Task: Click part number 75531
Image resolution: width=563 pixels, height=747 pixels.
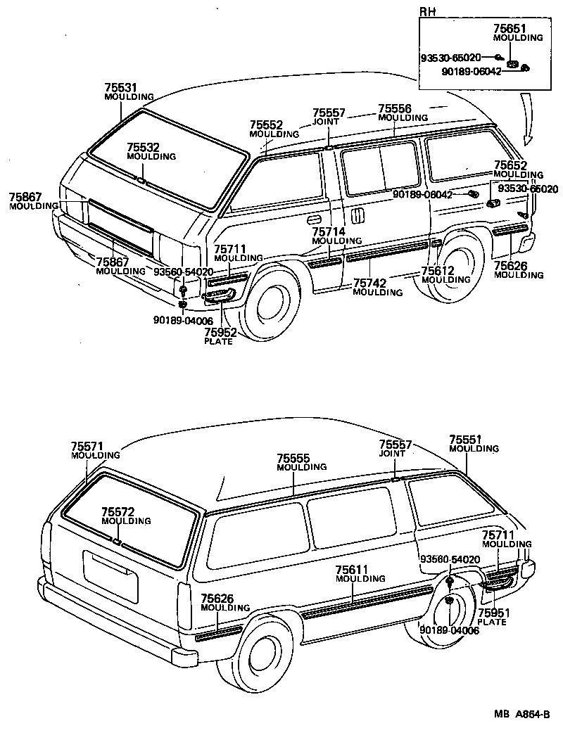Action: coord(120,87)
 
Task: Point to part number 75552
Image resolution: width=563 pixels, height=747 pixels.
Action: coord(265,124)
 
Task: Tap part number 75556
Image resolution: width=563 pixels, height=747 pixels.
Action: coord(394,109)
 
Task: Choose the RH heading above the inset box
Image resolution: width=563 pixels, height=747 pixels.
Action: coord(426,12)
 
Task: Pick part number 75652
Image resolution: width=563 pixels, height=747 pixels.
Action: coord(510,165)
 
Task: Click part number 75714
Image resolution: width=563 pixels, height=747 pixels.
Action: coord(328,231)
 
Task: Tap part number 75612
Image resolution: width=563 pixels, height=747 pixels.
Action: coord(437,271)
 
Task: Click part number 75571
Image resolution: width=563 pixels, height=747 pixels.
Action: coord(87,446)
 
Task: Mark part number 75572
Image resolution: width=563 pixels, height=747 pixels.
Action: coord(117,512)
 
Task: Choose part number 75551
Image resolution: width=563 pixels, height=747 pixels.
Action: coord(465,440)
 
